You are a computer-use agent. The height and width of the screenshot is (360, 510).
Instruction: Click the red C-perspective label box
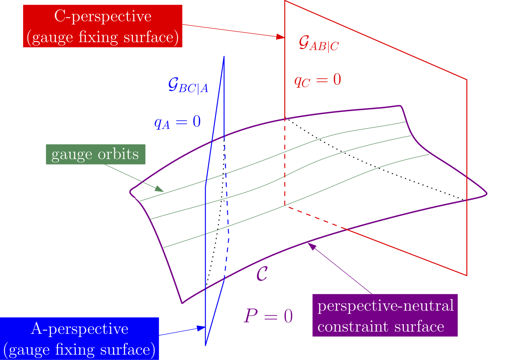(102, 26)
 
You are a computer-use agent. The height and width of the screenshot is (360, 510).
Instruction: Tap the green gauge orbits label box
(95, 154)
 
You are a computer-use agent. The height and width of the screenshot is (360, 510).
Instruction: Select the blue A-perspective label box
(79, 339)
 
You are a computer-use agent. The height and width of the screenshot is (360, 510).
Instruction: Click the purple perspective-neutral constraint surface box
(385, 315)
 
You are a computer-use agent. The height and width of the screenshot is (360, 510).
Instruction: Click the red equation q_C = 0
(318, 80)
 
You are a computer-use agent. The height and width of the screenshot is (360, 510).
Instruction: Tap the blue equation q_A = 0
(177, 122)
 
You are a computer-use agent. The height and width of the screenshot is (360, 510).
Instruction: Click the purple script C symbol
(262, 274)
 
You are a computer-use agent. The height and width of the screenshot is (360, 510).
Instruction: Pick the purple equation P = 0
(268, 316)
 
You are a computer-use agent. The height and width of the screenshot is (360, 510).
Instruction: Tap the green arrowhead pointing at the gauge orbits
(159, 189)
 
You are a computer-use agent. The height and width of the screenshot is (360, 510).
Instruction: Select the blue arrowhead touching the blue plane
(201, 328)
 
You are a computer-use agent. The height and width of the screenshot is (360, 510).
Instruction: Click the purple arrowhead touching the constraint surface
(312, 246)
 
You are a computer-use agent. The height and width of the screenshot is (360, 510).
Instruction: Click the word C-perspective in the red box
(103, 16)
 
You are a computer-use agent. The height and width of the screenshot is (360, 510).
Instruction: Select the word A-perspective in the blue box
(79, 329)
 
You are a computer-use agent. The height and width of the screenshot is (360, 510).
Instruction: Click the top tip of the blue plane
(224, 56)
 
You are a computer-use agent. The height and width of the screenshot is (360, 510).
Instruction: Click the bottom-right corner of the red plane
(467, 276)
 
